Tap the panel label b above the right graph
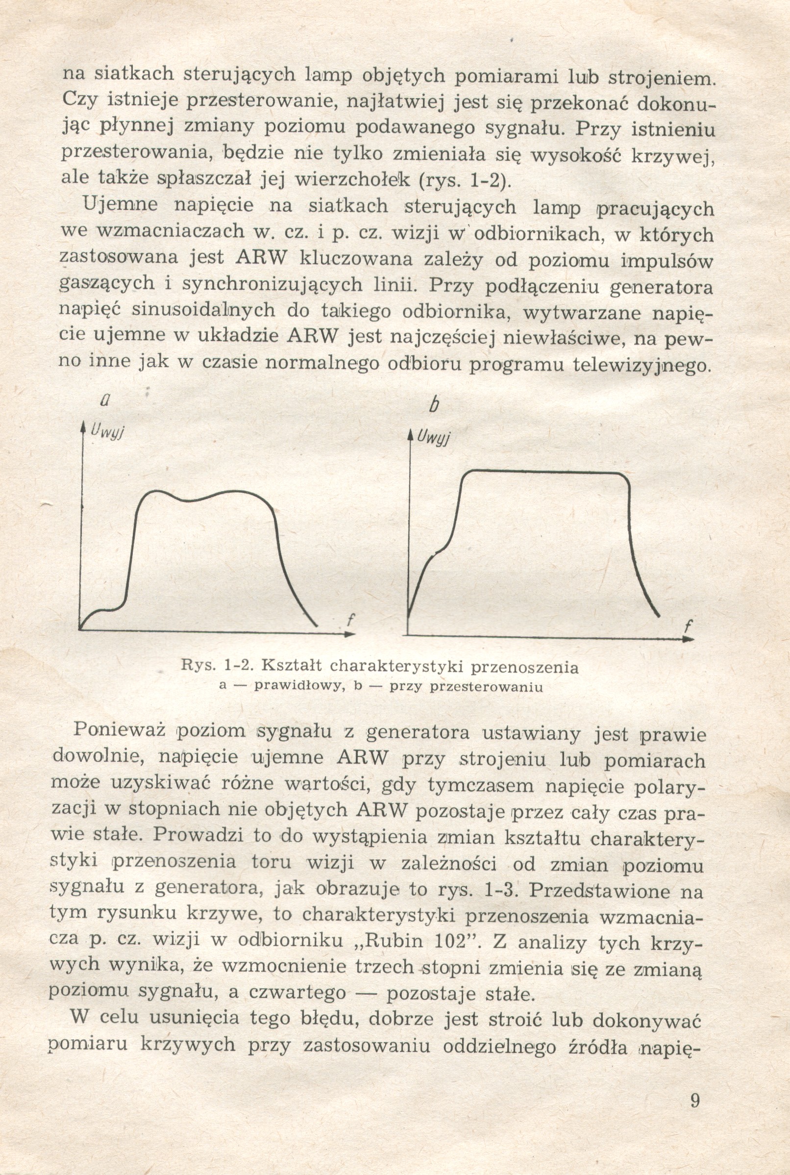432,405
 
